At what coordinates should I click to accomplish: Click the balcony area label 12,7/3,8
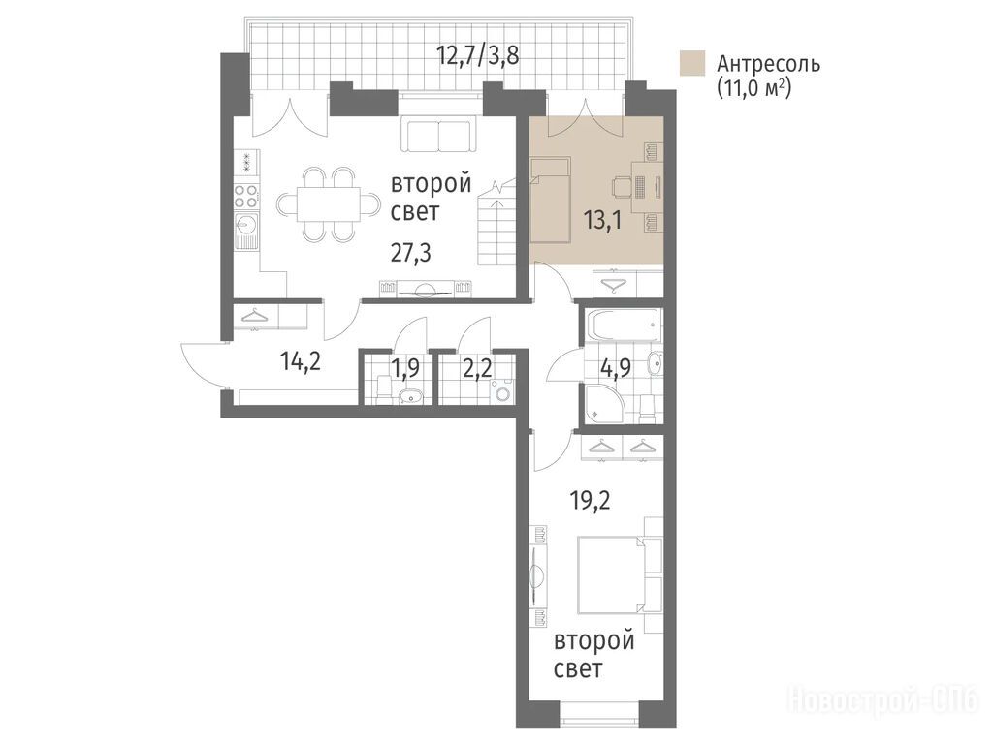(477, 55)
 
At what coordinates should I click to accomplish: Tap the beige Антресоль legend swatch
(692, 63)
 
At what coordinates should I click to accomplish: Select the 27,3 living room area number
(410, 253)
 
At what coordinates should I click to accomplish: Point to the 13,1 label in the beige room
(601, 220)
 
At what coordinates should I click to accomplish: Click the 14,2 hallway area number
(301, 362)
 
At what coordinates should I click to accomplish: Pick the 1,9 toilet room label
(405, 368)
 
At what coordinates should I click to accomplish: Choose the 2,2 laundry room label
(477, 368)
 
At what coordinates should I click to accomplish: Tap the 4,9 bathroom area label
(615, 368)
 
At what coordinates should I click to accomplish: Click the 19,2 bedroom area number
(589, 501)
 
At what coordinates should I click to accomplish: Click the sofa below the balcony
(438, 135)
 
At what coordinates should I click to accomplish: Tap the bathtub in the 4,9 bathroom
(624, 325)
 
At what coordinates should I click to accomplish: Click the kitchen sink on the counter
(245, 223)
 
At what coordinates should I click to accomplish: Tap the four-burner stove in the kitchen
(245, 194)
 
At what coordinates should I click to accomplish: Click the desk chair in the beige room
(621, 187)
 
